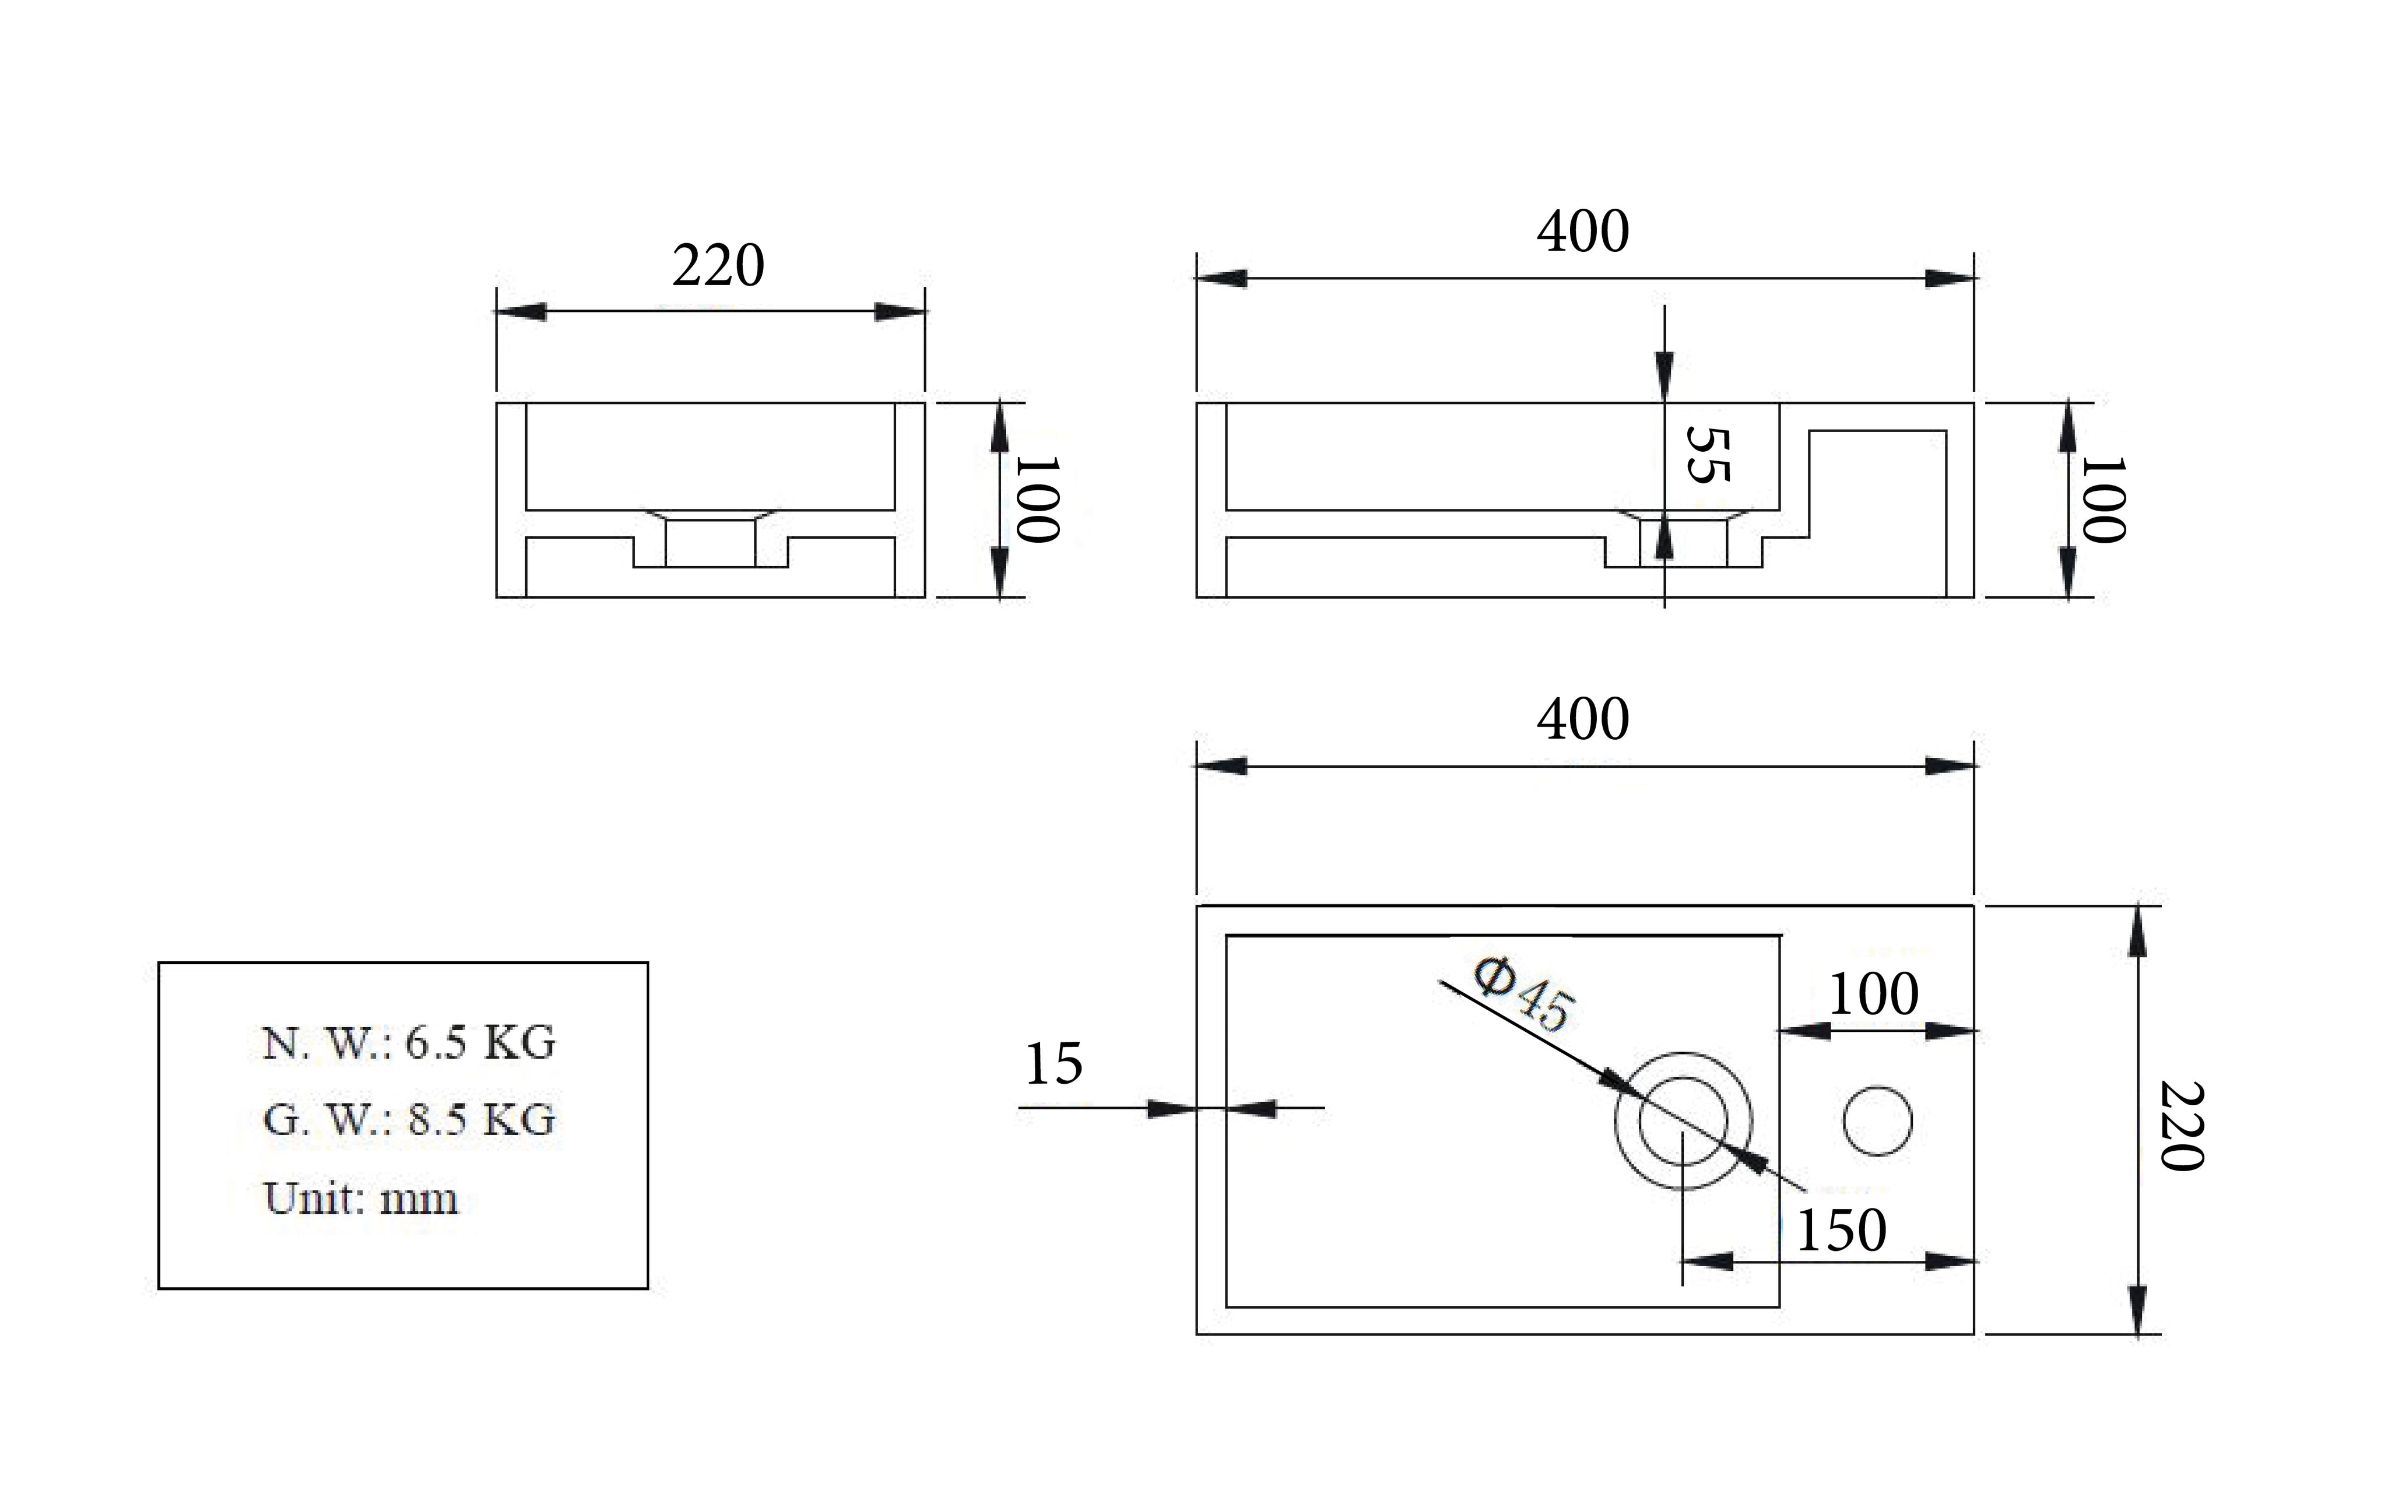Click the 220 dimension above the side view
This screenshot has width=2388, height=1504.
point(718,266)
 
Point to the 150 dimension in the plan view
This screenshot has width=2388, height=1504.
point(1841,1231)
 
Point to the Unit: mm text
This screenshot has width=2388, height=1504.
point(361,1199)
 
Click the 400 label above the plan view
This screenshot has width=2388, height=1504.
point(1583,719)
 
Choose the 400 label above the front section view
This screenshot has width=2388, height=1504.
point(1583,232)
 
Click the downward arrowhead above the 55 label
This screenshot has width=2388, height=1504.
point(1664,377)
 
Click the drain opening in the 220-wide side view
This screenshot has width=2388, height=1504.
point(710,543)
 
